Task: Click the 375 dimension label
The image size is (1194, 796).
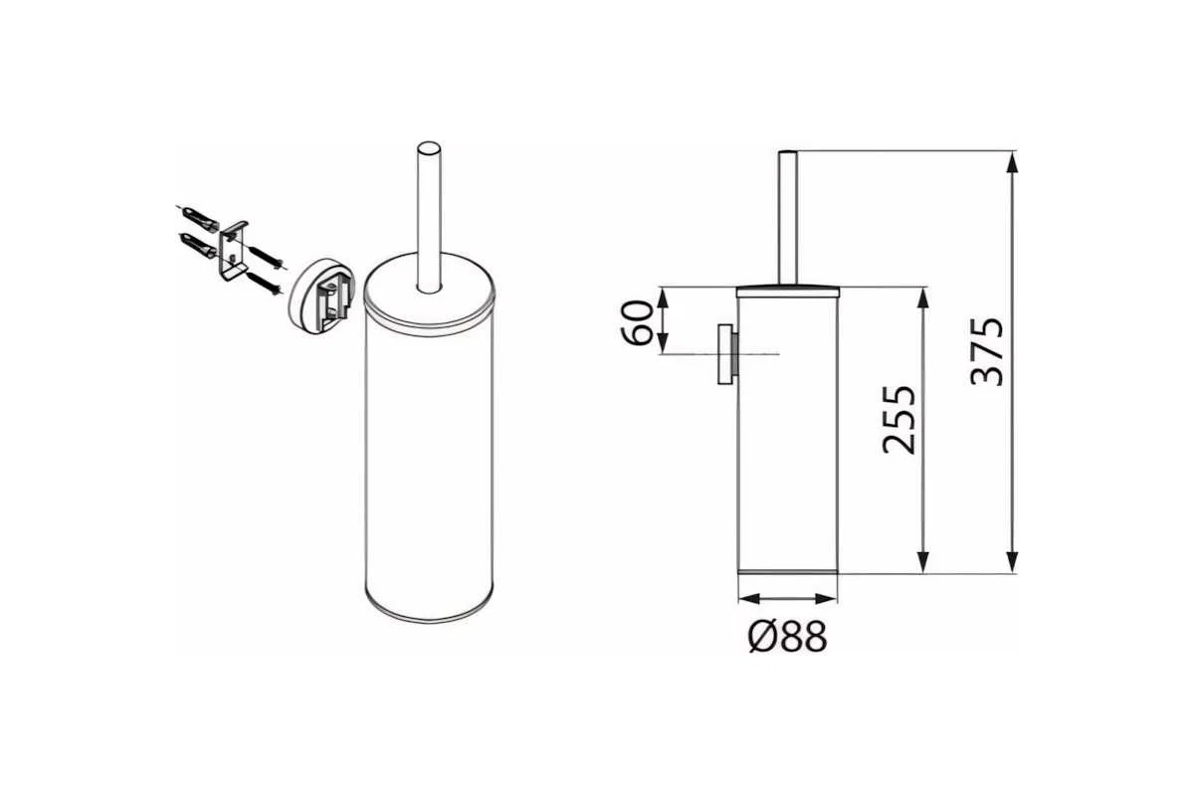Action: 987,352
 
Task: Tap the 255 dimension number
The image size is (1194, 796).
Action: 899,420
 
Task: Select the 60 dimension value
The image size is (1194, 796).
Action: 637,323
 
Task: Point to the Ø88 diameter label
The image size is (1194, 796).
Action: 788,636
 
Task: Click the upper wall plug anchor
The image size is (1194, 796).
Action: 200,217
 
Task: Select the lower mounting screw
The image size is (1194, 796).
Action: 265,285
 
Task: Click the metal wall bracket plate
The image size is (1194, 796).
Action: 233,251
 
